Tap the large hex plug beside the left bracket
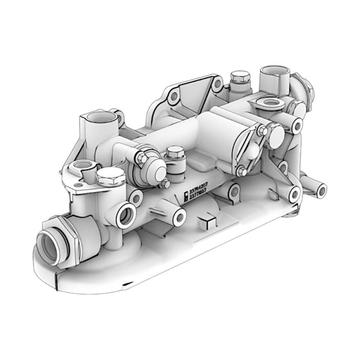[111, 178]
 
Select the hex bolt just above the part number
[175, 154]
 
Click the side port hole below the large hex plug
[126, 216]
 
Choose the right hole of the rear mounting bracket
[217, 86]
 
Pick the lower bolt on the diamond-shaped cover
[241, 172]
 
